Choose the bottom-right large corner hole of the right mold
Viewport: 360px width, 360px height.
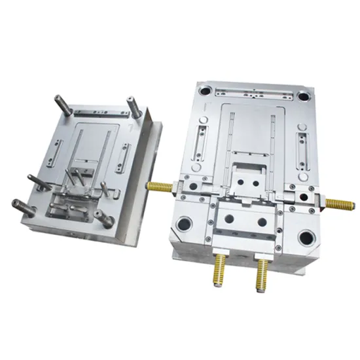click(306, 236)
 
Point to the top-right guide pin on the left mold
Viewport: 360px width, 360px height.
click(132, 105)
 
